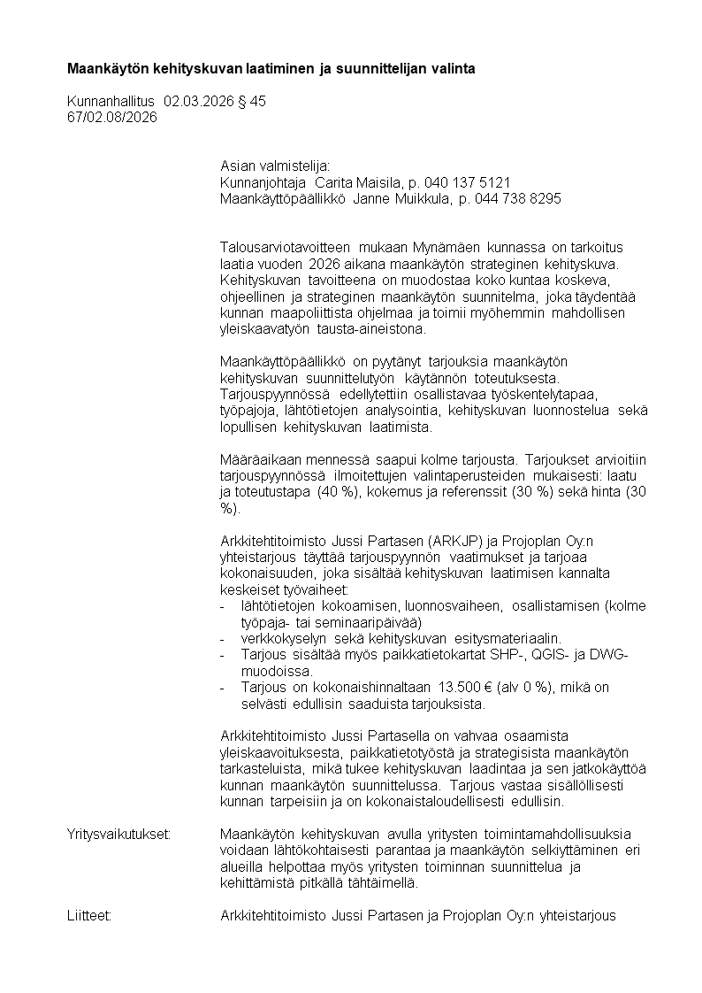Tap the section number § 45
252,102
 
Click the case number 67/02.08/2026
111,117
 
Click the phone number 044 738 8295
523,199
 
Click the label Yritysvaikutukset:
118,835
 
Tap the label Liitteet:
89,916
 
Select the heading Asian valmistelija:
274,166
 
